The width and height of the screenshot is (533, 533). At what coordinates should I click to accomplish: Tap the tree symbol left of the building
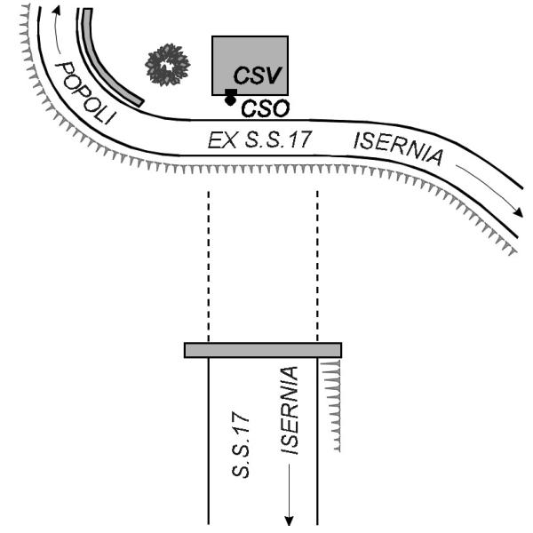(168, 64)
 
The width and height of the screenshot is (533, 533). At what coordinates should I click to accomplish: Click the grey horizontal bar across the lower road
(263, 350)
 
